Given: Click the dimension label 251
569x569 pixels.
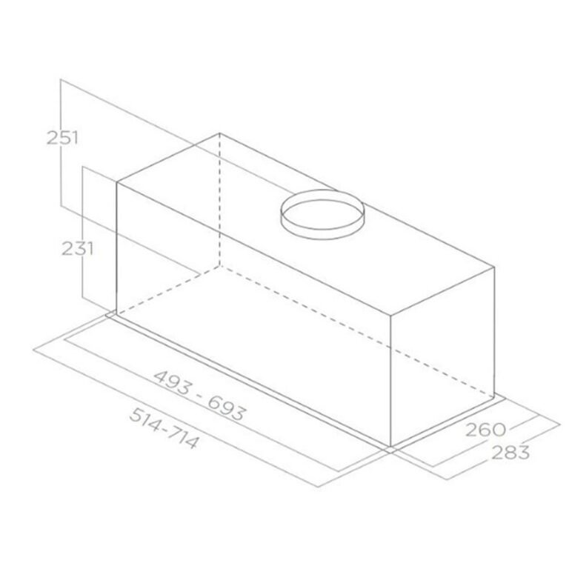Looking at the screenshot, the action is click(62, 138).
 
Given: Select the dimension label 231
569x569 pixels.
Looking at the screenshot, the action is click(77, 249).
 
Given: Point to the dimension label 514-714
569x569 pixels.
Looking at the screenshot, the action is click(164, 427).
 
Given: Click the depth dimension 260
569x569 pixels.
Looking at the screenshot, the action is click(485, 430).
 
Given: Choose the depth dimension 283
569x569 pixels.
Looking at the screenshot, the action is click(510, 452).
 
